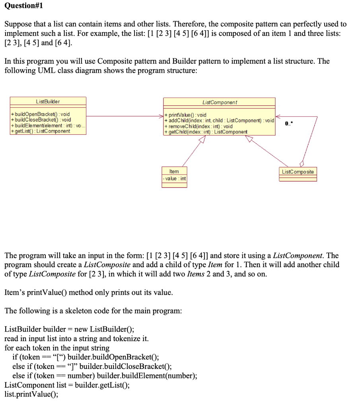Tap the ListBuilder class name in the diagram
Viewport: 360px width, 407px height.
pyautogui.click(x=48, y=102)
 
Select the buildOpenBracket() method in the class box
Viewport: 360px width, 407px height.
pyautogui.click(x=41, y=114)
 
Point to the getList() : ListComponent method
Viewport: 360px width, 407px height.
pyautogui.click(x=41, y=131)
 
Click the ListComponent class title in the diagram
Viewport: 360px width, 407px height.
pyautogui.click(x=219, y=103)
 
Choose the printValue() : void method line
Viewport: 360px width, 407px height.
pyautogui.click(x=185, y=115)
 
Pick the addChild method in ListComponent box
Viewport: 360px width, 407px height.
pyautogui.click(x=218, y=120)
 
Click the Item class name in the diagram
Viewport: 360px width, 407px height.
pyautogui.click(x=174, y=171)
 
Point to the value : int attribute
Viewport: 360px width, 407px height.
pyautogui.click(x=174, y=178)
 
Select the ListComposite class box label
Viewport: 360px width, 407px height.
pyautogui.click(x=298, y=172)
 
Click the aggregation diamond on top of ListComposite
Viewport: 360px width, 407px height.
pyautogui.click(x=302, y=164)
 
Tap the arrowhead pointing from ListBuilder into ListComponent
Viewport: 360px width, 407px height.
pyautogui.click(x=161, y=116)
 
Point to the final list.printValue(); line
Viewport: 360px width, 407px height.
pyautogui.click(x=31, y=394)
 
